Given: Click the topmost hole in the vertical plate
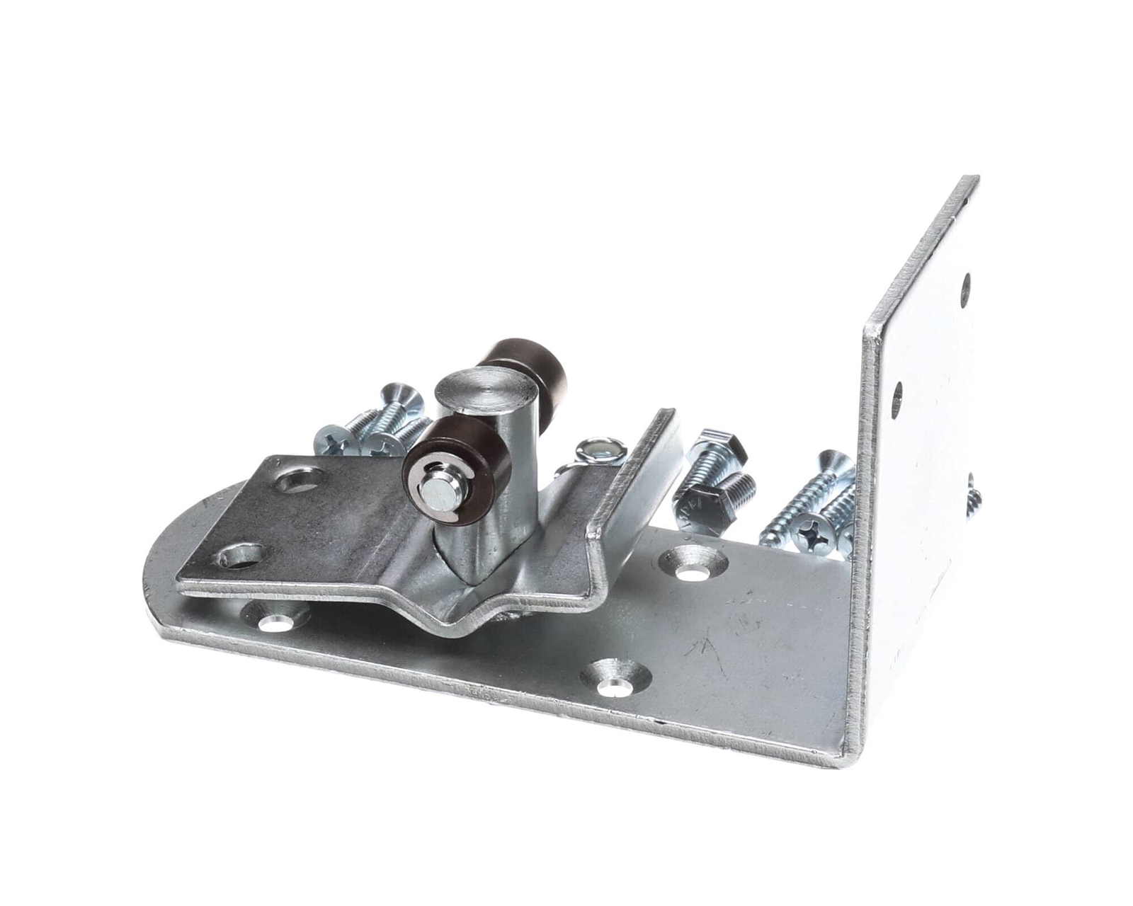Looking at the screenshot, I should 966,286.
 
